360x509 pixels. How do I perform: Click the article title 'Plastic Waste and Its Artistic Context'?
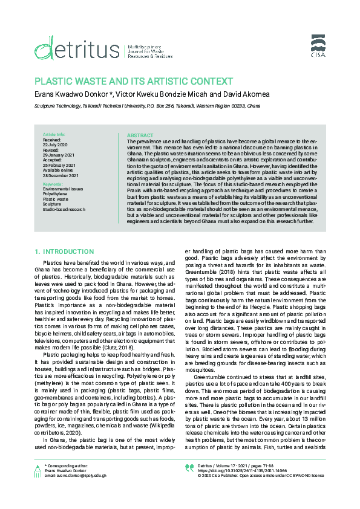pyautogui.click(x=133, y=81)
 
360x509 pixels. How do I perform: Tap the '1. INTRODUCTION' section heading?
pyautogui.click(x=64, y=250)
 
